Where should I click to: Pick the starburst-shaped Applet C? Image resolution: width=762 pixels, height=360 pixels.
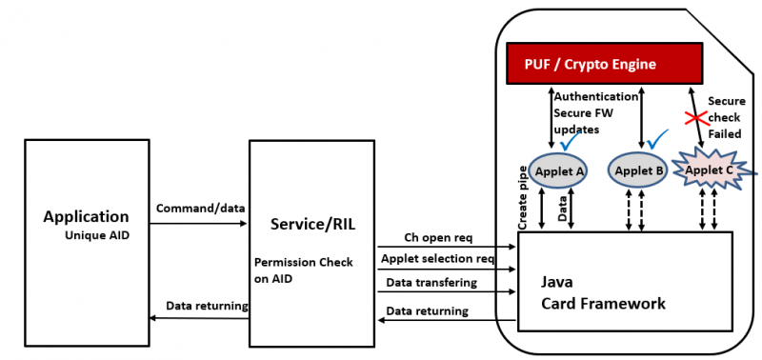pyautogui.click(x=711, y=170)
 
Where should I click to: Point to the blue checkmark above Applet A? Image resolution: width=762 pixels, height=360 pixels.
pyautogui.click(x=572, y=142)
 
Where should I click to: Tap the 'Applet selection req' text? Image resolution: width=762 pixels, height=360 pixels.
pyautogui.click(x=437, y=258)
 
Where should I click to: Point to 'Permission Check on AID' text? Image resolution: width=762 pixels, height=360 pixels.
pyautogui.click(x=303, y=270)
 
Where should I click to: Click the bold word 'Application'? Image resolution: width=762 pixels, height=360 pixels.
pyautogui.click(x=86, y=216)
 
